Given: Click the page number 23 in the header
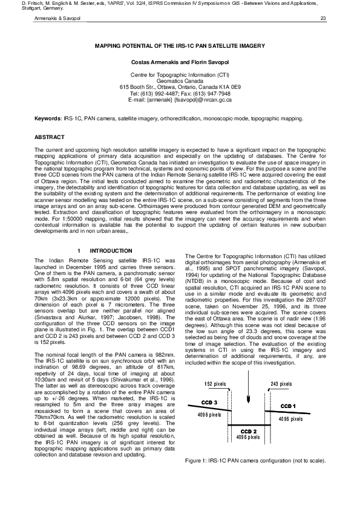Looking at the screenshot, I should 323,19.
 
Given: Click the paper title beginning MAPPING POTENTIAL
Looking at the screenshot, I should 180,45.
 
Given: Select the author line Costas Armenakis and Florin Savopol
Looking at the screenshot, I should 180,62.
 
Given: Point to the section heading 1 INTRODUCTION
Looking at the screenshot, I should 100,250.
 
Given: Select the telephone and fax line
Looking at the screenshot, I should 180,94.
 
